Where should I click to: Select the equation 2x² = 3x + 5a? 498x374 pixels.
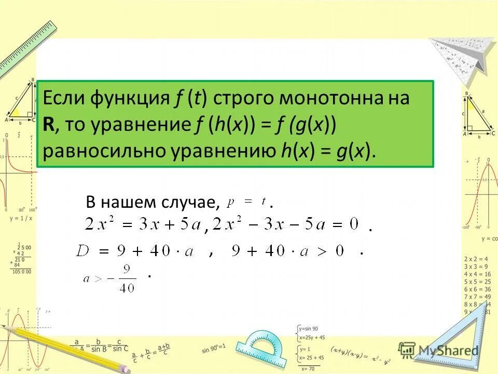[142, 225]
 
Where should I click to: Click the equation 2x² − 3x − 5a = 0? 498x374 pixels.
[285, 225]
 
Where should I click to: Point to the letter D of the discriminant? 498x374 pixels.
[84, 252]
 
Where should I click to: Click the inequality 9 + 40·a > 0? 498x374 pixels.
[288, 252]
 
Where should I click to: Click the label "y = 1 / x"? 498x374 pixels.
[21, 218]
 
